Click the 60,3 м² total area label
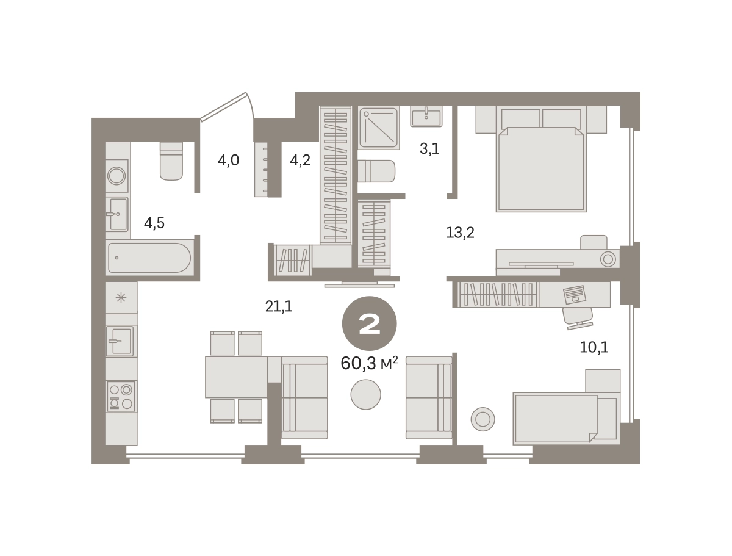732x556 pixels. tap(369, 363)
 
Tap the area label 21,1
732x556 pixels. tap(279, 306)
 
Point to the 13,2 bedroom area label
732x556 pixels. tap(460, 232)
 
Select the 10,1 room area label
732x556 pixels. tap(594, 347)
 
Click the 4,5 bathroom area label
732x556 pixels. tap(154, 223)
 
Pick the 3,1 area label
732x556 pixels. tap(429, 148)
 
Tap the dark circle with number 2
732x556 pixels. tap(370, 323)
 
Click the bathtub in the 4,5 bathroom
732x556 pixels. tap(149, 258)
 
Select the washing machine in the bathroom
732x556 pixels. tap(117, 176)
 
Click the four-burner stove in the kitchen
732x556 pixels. tap(121, 396)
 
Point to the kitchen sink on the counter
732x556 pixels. tap(120, 341)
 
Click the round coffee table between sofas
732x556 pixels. tap(365, 394)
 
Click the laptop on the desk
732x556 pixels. tap(574, 295)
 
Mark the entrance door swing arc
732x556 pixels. tap(251, 104)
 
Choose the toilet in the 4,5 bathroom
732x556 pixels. tap(171, 161)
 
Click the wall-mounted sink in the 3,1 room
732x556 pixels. tap(426, 117)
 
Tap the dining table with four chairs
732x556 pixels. tap(236, 377)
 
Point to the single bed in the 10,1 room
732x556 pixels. tap(566, 419)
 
